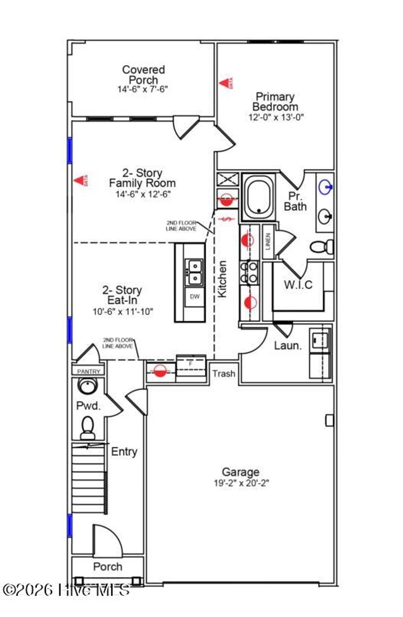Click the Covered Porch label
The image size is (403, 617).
143,74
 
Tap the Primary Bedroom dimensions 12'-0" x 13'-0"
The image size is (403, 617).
276,117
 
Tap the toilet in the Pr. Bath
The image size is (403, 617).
322,247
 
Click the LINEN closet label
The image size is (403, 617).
268,242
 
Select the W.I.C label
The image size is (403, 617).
298,284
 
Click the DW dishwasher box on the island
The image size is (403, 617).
195,297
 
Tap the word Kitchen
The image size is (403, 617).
222,279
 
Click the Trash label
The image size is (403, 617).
224,374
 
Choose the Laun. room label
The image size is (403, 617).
288,346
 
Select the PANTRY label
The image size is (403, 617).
89,371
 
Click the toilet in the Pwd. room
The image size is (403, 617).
87,428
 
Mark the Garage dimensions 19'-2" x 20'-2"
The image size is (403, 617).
241,483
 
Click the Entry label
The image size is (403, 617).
124,452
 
